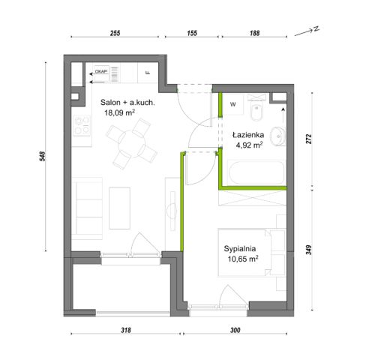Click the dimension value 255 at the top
(x=115, y=33)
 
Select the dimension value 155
(x=192, y=33)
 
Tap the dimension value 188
(x=254, y=33)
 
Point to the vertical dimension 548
(x=43, y=156)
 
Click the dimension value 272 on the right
(x=309, y=139)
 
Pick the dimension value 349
(x=309, y=250)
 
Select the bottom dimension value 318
(x=126, y=330)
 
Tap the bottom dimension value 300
(x=235, y=330)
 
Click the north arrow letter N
(x=316, y=28)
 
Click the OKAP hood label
(x=101, y=71)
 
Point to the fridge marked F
(x=148, y=73)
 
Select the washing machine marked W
(x=233, y=104)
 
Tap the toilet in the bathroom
(x=256, y=107)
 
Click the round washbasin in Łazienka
(x=277, y=136)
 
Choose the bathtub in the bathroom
(x=256, y=172)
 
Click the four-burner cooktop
(x=82, y=125)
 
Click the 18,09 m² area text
(x=120, y=112)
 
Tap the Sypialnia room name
(x=240, y=249)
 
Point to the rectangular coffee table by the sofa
(x=119, y=208)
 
